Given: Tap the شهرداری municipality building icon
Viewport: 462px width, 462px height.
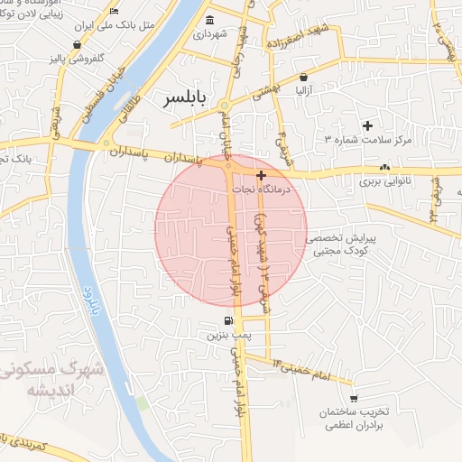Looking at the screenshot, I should (x=210, y=20).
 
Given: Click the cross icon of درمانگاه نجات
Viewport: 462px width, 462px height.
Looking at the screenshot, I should (x=262, y=175).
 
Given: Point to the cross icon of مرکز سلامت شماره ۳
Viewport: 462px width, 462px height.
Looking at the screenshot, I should (x=366, y=125).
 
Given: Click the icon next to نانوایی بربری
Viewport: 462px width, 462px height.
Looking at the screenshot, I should (x=385, y=167).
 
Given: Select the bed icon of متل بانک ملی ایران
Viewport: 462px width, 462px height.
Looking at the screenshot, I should (x=113, y=11).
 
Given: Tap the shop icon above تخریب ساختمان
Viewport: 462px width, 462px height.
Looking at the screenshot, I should (x=354, y=398).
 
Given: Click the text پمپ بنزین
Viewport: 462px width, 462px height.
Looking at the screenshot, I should (x=227, y=335).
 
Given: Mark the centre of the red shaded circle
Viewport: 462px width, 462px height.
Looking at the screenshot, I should (x=231, y=231).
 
